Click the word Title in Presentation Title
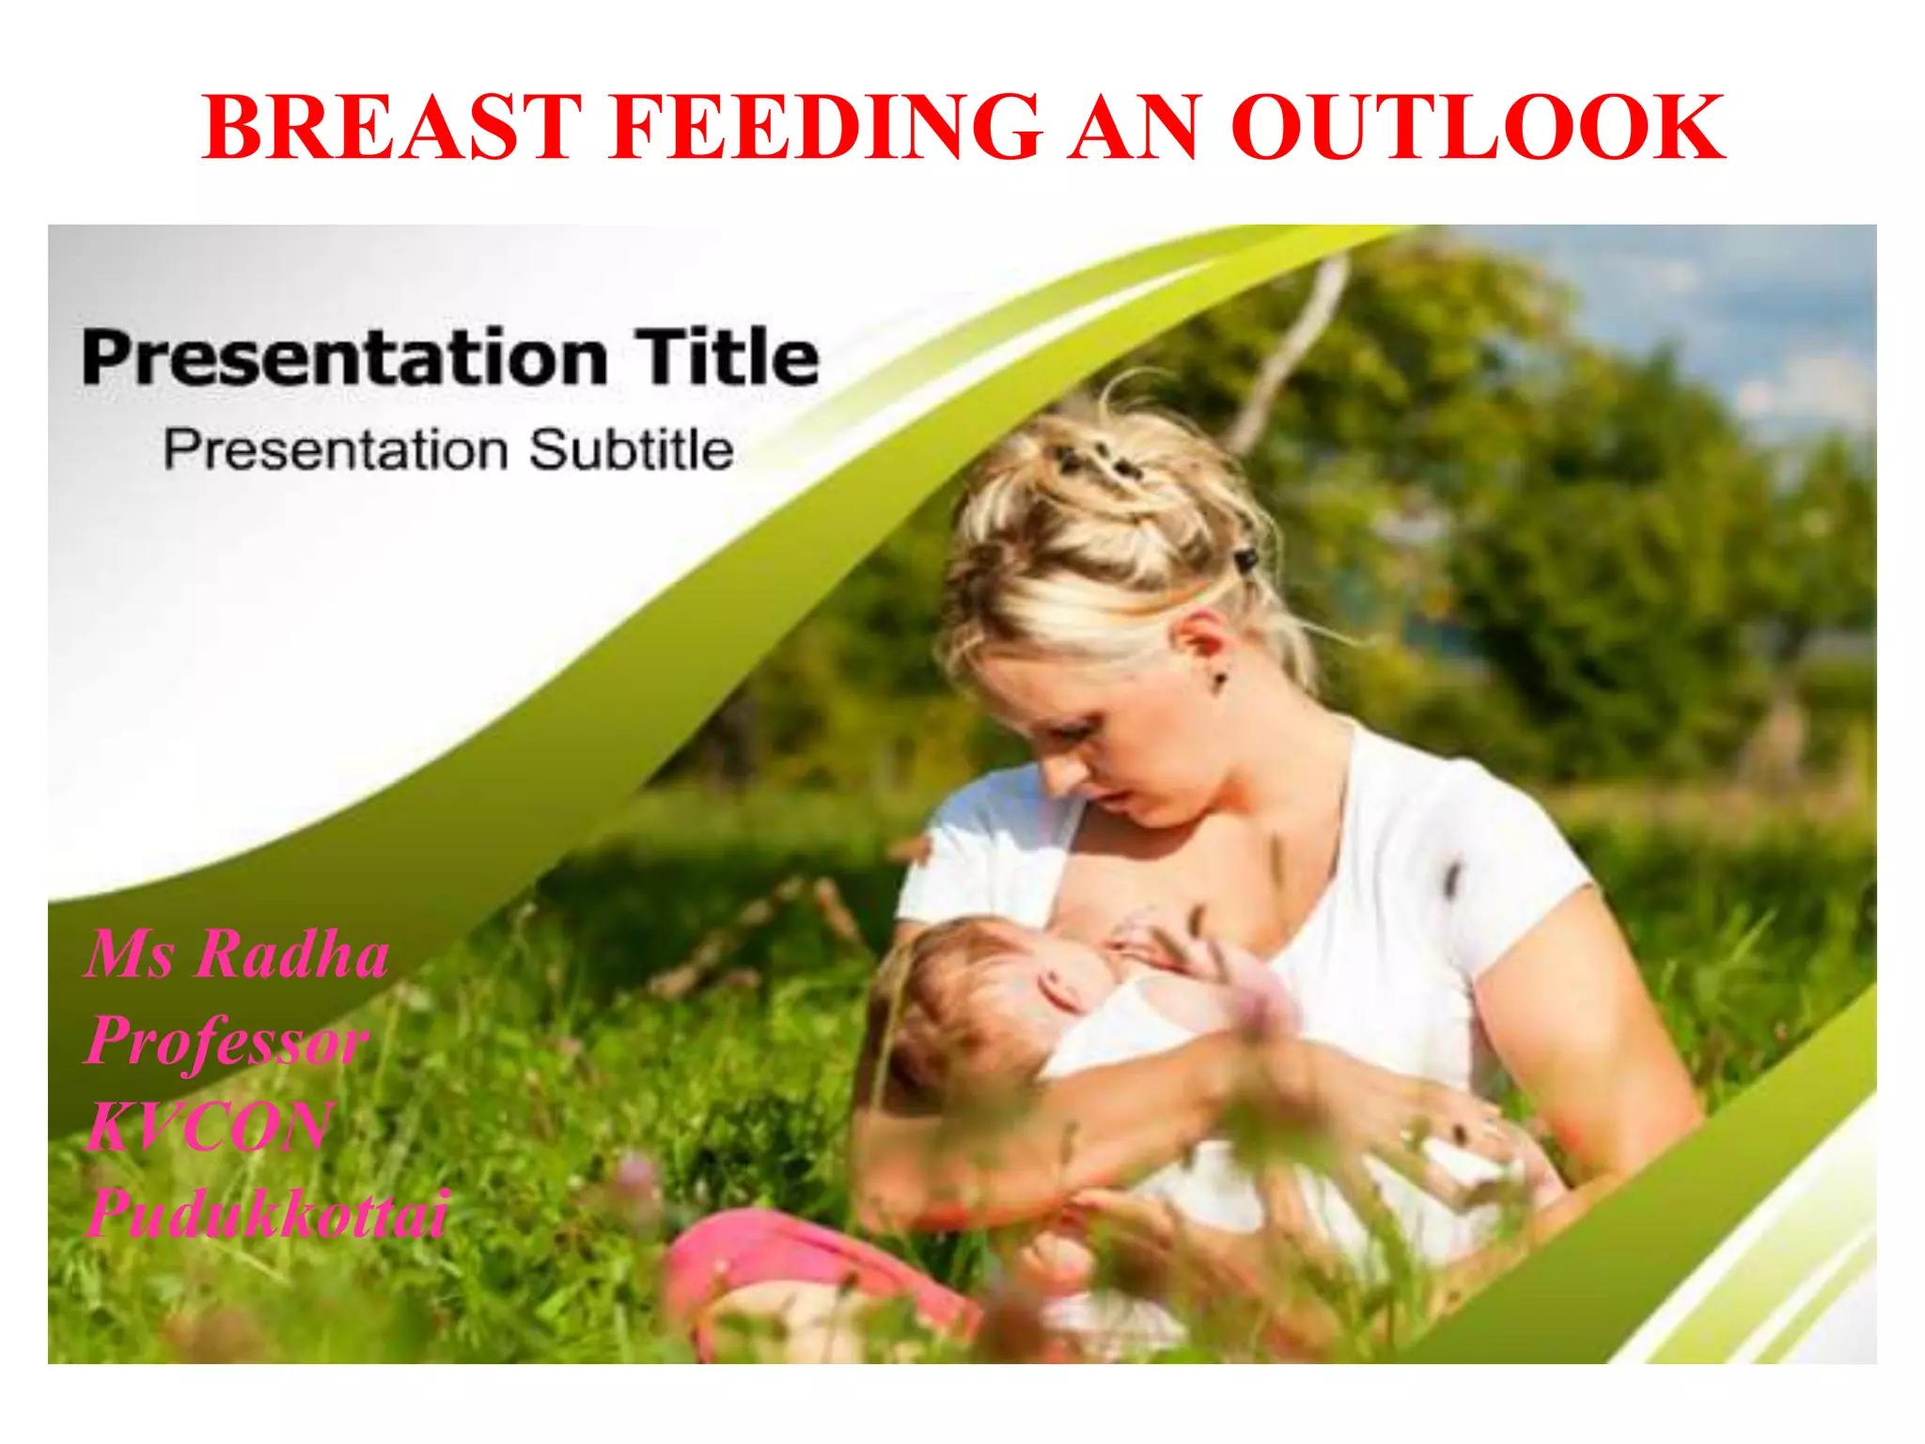[726, 357]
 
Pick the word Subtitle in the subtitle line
[630, 449]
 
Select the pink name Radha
[293, 955]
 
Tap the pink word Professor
[226, 1042]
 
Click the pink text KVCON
[209, 1126]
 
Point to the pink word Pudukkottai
[268, 1213]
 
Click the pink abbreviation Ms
[130, 955]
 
